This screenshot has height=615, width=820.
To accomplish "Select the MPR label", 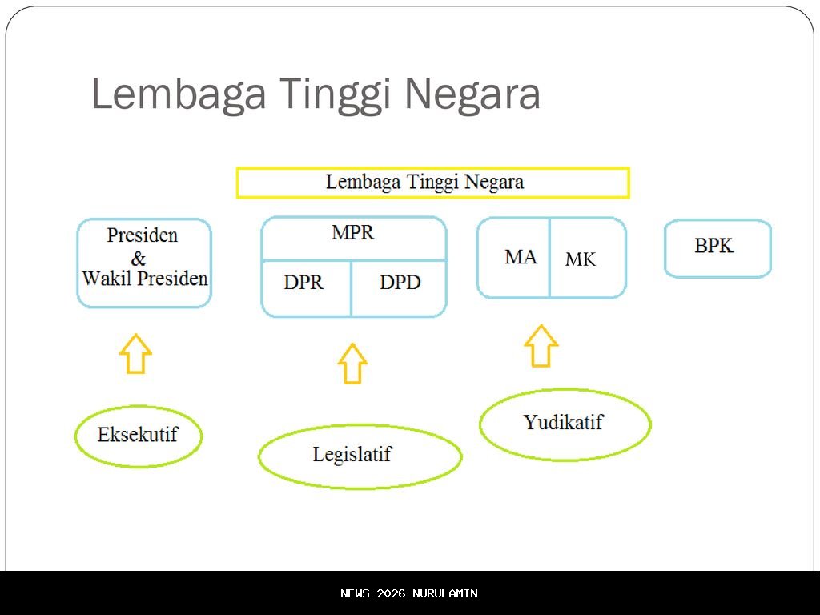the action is (x=353, y=233).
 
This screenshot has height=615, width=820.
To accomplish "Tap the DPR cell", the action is (x=307, y=288).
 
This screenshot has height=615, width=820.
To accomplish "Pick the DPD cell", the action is (x=400, y=288).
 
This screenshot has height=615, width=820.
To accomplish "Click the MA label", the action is (x=521, y=257).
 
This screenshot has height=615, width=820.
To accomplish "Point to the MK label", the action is (x=581, y=259).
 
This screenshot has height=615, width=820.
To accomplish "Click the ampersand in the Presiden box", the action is (x=138, y=259).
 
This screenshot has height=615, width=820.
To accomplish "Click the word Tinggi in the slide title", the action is (x=335, y=94).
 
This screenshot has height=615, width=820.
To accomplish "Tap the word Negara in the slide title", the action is (x=472, y=94).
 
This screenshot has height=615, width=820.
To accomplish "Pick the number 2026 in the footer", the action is (x=391, y=593).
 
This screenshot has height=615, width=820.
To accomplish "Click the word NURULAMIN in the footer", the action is (x=445, y=593).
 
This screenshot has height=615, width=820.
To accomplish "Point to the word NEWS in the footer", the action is (x=355, y=593).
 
